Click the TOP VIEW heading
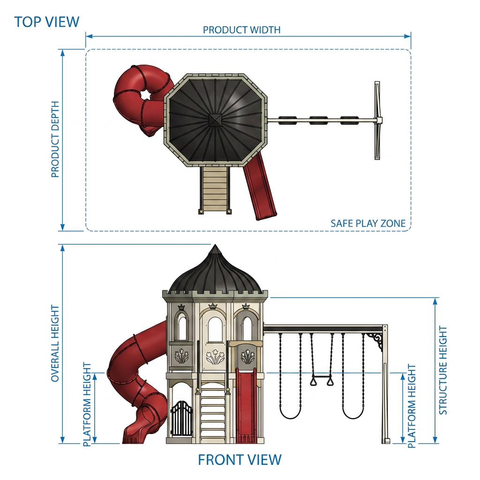(x=47, y=22)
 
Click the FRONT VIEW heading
(x=240, y=460)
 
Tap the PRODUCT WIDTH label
(x=241, y=30)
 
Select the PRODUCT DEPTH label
(x=55, y=139)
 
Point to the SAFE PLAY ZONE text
(x=368, y=224)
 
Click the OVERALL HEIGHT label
(x=55, y=343)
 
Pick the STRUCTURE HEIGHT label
(x=443, y=370)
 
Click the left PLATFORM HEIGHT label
(x=87, y=405)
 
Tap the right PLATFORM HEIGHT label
(x=412, y=406)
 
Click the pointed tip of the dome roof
(x=215, y=245)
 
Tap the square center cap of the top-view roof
(x=215, y=120)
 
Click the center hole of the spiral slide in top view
(x=145, y=95)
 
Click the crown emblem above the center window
(x=212, y=306)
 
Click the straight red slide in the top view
(x=260, y=186)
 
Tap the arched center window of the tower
(x=215, y=330)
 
